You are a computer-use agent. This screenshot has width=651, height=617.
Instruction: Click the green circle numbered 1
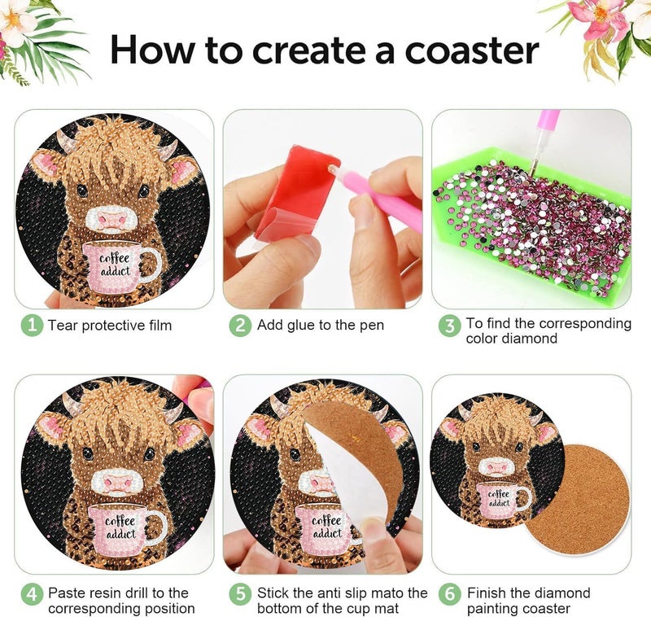point(32,325)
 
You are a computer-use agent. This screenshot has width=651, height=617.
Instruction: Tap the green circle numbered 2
point(240,325)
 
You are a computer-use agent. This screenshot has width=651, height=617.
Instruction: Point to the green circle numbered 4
point(32,594)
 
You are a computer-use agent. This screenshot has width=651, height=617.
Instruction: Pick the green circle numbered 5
point(240,594)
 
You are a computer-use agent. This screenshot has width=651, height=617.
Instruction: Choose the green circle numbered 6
point(450,594)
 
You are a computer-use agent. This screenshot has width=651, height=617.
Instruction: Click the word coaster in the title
point(472,50)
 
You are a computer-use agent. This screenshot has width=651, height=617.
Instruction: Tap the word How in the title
point(152,49)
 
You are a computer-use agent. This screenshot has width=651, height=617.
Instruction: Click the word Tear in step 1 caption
point(63,325)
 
